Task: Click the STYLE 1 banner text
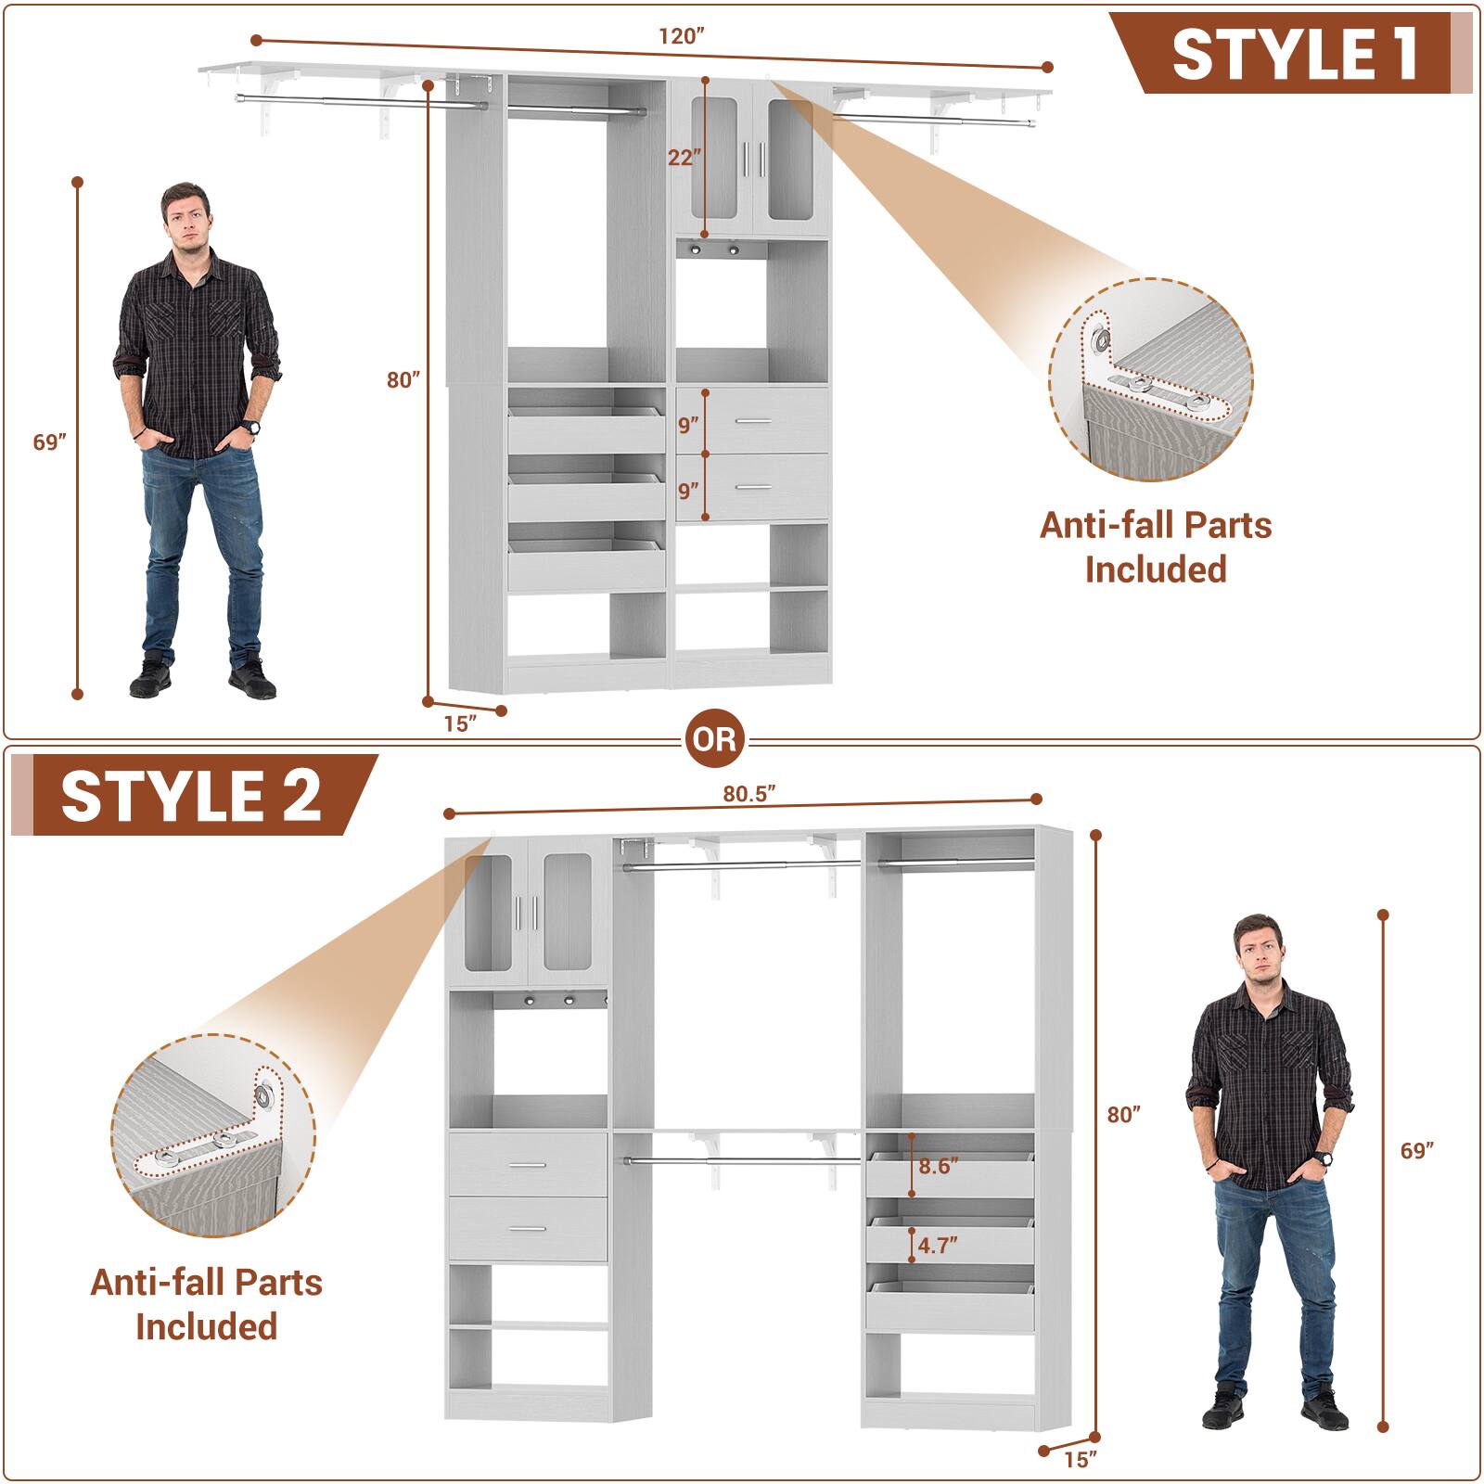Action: (1294, 54)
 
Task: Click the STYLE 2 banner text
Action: (191, 796)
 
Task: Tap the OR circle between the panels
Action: (715, 739)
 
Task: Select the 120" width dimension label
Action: (683, 36)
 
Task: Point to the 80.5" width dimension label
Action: (748, 793)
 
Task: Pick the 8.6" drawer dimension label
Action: (938, 1166)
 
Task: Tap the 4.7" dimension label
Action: (938, 1245)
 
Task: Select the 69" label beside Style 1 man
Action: (51, 442)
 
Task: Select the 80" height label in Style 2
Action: (1124, 1114)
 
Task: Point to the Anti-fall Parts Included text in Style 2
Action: (206, 1304)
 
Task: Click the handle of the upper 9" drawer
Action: (753, 422)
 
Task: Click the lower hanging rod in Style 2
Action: (742, 1159)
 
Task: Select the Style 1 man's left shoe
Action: (251, 682)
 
